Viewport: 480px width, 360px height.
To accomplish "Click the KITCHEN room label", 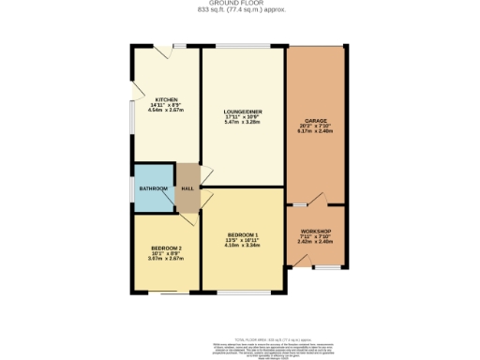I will (166, 99).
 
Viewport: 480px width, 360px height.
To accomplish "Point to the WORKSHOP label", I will (316, 231).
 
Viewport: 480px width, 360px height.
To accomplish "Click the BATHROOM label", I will (153, 188).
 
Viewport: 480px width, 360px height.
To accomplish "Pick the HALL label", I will (187, 188).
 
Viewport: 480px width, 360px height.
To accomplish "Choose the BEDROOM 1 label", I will (243, 234).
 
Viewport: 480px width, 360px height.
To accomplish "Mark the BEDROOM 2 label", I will (166, 248).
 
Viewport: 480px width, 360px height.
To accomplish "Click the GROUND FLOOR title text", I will (240, 4).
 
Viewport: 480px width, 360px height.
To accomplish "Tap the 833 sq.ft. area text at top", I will (240, 10).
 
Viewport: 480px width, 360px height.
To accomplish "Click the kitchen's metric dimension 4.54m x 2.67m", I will (166, 111).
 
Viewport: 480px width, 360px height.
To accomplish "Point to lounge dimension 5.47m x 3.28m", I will (243, 122).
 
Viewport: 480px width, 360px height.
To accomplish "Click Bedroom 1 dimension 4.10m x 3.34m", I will (243, 246).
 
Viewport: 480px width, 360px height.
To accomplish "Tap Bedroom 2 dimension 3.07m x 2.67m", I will (166, 260).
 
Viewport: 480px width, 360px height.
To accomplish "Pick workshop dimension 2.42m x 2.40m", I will (316, 242).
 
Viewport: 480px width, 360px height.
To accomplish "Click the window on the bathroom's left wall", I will (132, 187).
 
